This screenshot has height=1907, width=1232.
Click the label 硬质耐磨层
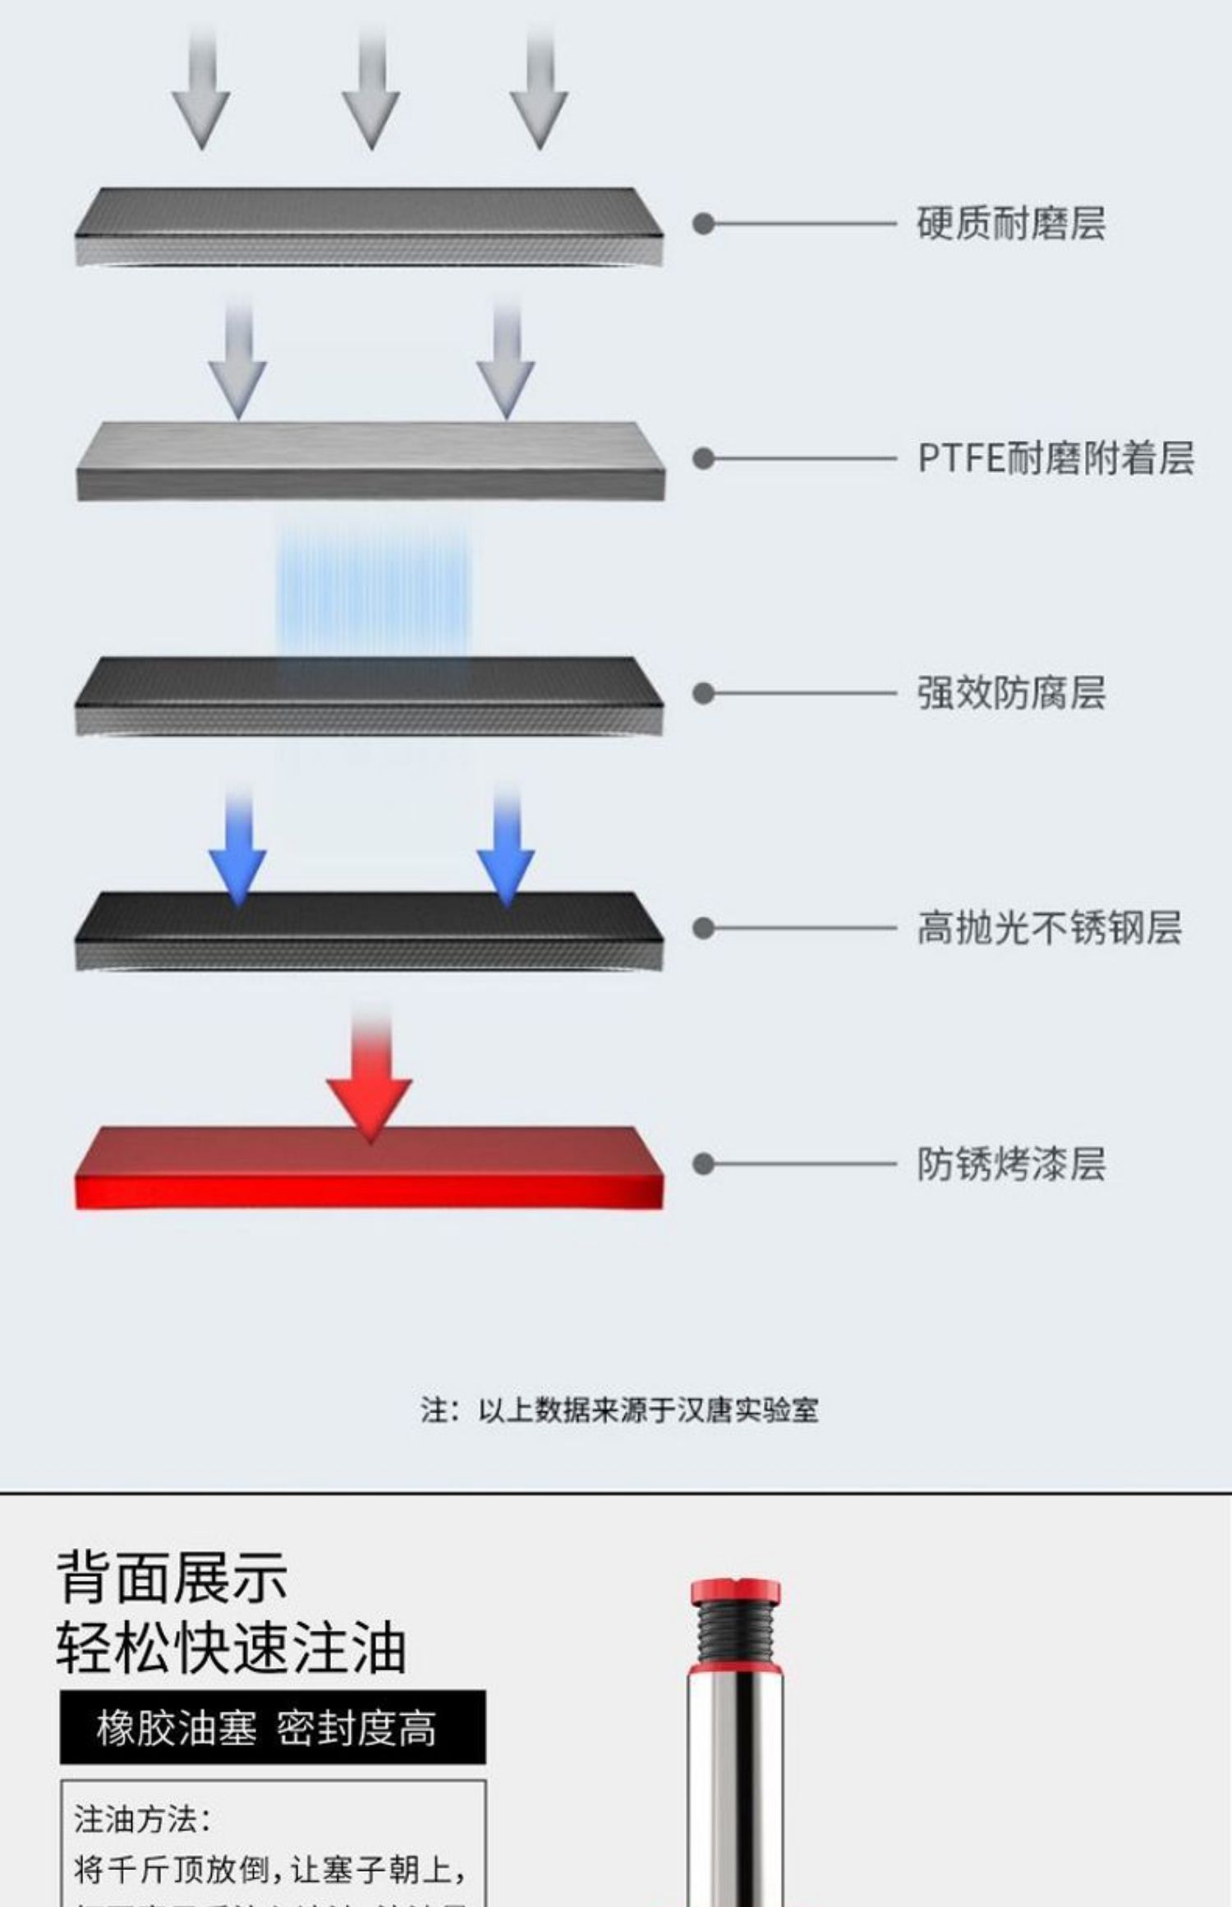tap(1010, 223)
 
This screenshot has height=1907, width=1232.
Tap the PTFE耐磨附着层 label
tap(1055, 458)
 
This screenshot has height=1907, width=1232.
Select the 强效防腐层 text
tap(1010, 693)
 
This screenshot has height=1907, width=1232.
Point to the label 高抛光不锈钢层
tap(1049, 928)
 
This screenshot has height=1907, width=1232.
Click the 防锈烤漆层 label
tap(1010, 1164)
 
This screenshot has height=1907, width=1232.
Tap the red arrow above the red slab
tap(370, 1084)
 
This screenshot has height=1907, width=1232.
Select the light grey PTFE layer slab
tap(370, 461)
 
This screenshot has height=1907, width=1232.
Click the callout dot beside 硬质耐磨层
tap(703, 223)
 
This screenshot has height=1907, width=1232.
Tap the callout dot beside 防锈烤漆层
tap(703, 1164)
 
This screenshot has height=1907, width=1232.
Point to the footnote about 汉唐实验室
tap(619, 1410)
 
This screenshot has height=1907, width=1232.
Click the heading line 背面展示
tap(172, 1577)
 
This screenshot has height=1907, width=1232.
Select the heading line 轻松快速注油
tap(231, 1647)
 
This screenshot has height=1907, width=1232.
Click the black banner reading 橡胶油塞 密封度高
tap(273, 1728)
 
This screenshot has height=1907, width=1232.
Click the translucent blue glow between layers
tap(374, 591)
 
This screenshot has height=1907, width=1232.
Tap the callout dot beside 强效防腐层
tap(703, 693)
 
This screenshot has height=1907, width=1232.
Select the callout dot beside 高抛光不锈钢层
tap(703, 928)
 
